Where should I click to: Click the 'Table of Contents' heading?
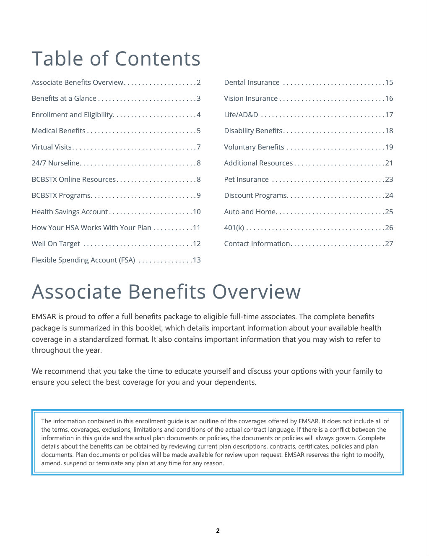[x=116, y=58]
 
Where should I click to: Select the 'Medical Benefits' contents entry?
[x=58, y=131]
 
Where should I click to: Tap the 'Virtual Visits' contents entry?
[x=52, y=147]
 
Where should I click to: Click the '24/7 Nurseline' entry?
[x=56, y=163]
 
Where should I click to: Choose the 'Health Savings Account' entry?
[x=70, y=212]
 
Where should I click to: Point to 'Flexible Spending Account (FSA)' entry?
[x=83, y=260]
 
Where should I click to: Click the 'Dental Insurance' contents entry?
[x=252, y=82]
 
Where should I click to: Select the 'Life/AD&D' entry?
[x=241, y=115]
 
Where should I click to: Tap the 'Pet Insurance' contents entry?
[x=246, y=179]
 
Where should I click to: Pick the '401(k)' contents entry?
[x=234, y=228]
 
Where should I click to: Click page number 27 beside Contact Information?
[x=389, y=244]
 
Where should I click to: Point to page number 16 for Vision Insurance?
[x=389, y=98]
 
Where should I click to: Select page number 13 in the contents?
[x=197, y=260]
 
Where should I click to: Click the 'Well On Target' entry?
[x=55, y=244]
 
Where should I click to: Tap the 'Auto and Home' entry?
[x=250, y=212]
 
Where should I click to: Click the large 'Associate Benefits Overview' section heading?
[x=166, y=291]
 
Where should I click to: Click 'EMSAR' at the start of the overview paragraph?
[x=43, y=317]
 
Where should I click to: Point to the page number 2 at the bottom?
[x=218, y=531]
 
